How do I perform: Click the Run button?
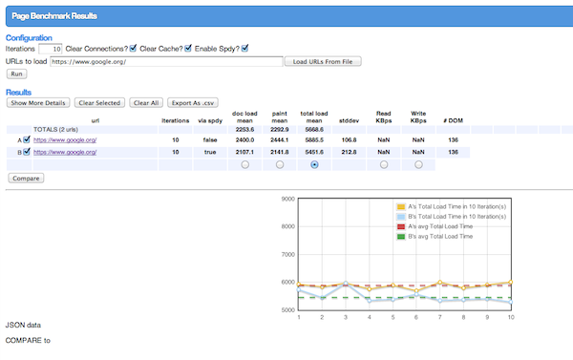pyautogui.click(x=16, y=74)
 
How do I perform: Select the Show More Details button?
pyautogui.click(x=38, y=102)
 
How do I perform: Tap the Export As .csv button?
pyautogui.click(x=193, y=102)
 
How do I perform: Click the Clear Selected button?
pyautogui.click(x=99, y=102)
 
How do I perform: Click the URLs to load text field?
pyautogui.click(x=166, y=61)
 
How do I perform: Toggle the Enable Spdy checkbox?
pyautogui.click(x=245, y=49)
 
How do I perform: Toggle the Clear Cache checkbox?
pyautogui.click(x=188, y=49)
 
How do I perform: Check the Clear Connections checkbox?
pyautogui.click(x=134, y=49)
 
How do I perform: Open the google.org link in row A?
pyautogui.click(x=65, y=139)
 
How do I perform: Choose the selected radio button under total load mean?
pyautogui.click(x=315, y=164)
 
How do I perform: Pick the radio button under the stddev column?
pyautogui.click(x=350, y=164)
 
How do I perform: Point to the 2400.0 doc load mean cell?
pyautogui.click(x=245, y=139)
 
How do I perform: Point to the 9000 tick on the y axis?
pyautogui.click(x=286, y=200)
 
